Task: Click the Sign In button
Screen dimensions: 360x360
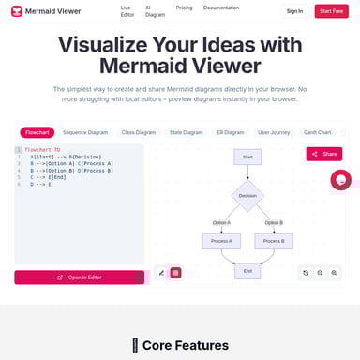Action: click(x=294, y=11)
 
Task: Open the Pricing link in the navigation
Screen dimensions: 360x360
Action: click(x=185, y=7)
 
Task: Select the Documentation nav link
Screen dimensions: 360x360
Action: click(x=221, y=7)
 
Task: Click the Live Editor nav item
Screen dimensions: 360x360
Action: click(x=126, y=11)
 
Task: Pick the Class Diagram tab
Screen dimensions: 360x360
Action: click(x=139, y=132)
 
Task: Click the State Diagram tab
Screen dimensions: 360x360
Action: click(x=187, y=132)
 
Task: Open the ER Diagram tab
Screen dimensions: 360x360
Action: click(x=230, y=132)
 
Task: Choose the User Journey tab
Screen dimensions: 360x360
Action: click(x=274, y=132)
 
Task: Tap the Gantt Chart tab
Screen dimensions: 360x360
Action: click(x=317, y=132)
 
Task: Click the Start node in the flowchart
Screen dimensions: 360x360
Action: click(x=247, y=157)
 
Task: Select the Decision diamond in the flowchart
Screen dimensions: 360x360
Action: click(x=247, y=195)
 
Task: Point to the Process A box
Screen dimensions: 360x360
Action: click(x=221, y=241)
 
